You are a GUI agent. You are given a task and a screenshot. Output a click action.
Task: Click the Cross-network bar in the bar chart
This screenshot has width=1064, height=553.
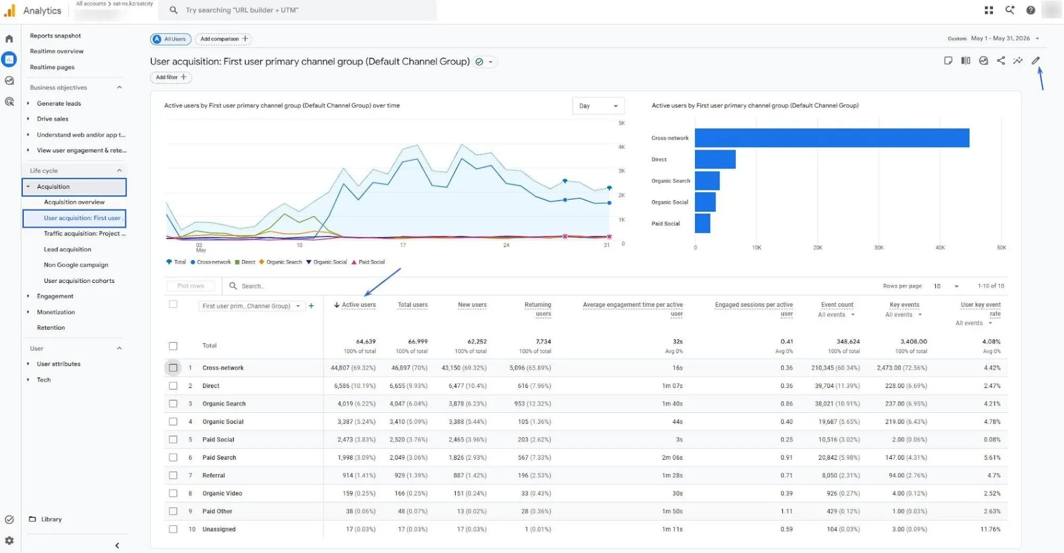(831, 138)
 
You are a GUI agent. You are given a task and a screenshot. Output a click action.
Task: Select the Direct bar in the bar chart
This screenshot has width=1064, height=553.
(715, 159)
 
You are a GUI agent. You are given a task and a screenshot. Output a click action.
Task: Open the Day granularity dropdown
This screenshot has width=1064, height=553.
(598, 106)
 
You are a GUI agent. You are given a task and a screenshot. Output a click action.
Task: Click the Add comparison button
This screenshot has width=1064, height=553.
(224, 39)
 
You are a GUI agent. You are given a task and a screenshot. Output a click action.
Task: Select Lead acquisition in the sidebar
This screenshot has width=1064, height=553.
(68, 249)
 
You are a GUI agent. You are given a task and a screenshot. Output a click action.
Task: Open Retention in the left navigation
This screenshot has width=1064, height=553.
(51, 328)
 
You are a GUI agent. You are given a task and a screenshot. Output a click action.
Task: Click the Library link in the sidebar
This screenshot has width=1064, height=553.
(51, 519)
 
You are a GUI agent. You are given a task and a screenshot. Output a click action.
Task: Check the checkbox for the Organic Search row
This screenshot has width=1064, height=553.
(173, 404)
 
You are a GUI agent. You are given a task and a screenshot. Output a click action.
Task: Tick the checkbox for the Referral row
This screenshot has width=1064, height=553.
(173, 475)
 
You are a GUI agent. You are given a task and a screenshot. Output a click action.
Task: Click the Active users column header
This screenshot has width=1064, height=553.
(359, 305)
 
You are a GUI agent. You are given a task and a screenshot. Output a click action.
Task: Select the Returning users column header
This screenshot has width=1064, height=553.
(538, 309)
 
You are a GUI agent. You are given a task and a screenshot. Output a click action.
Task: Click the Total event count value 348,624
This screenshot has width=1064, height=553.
(848, 341)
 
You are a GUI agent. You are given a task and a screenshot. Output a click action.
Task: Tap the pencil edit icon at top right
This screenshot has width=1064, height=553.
(1035, 61)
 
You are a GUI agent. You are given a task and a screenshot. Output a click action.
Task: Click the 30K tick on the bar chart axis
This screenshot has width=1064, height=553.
(879, 248)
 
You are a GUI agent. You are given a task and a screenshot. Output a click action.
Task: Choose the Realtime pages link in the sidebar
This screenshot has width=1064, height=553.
(52, 67)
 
